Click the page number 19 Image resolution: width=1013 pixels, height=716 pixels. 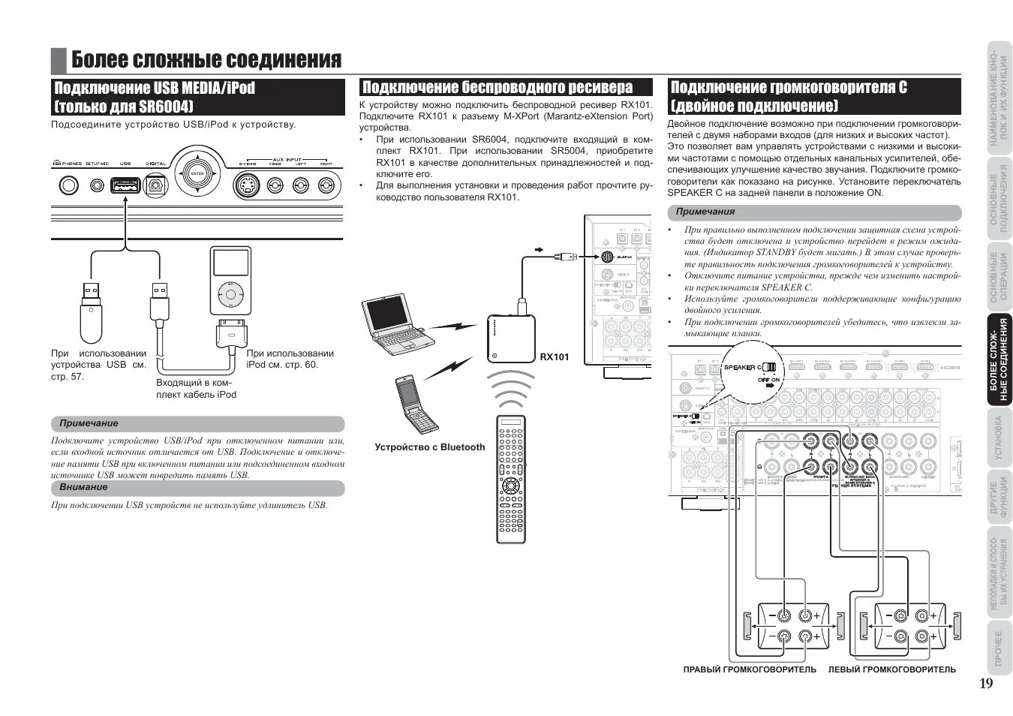(x=985, y=683)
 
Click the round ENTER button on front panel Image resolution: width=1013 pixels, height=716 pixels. (x=197, y=173)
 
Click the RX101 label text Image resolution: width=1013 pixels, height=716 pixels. (x=555, y=357)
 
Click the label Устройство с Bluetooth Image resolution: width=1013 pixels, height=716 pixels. (x=430, y=447)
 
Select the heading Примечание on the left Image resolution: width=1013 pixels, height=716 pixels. (x=89, y=423)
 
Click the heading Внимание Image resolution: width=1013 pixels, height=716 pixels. (x=83, y=487)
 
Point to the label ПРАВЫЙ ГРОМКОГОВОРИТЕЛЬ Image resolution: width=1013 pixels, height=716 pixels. (x=749, y=669)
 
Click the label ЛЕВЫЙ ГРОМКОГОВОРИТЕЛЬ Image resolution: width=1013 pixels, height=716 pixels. (x=891, y=669)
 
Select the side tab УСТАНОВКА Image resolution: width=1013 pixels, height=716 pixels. (x=999, y=438)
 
